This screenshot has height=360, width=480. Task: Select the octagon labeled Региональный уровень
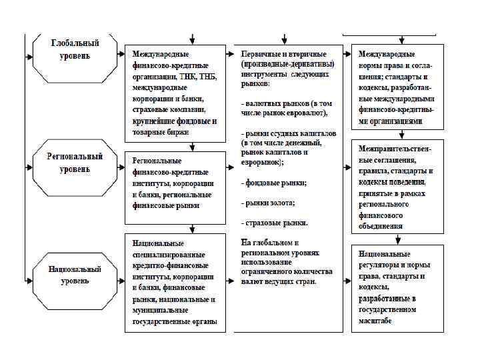[75, 163]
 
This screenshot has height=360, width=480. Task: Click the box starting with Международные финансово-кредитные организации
[175, 93]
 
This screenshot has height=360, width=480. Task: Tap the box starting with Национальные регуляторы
[396, 287]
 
